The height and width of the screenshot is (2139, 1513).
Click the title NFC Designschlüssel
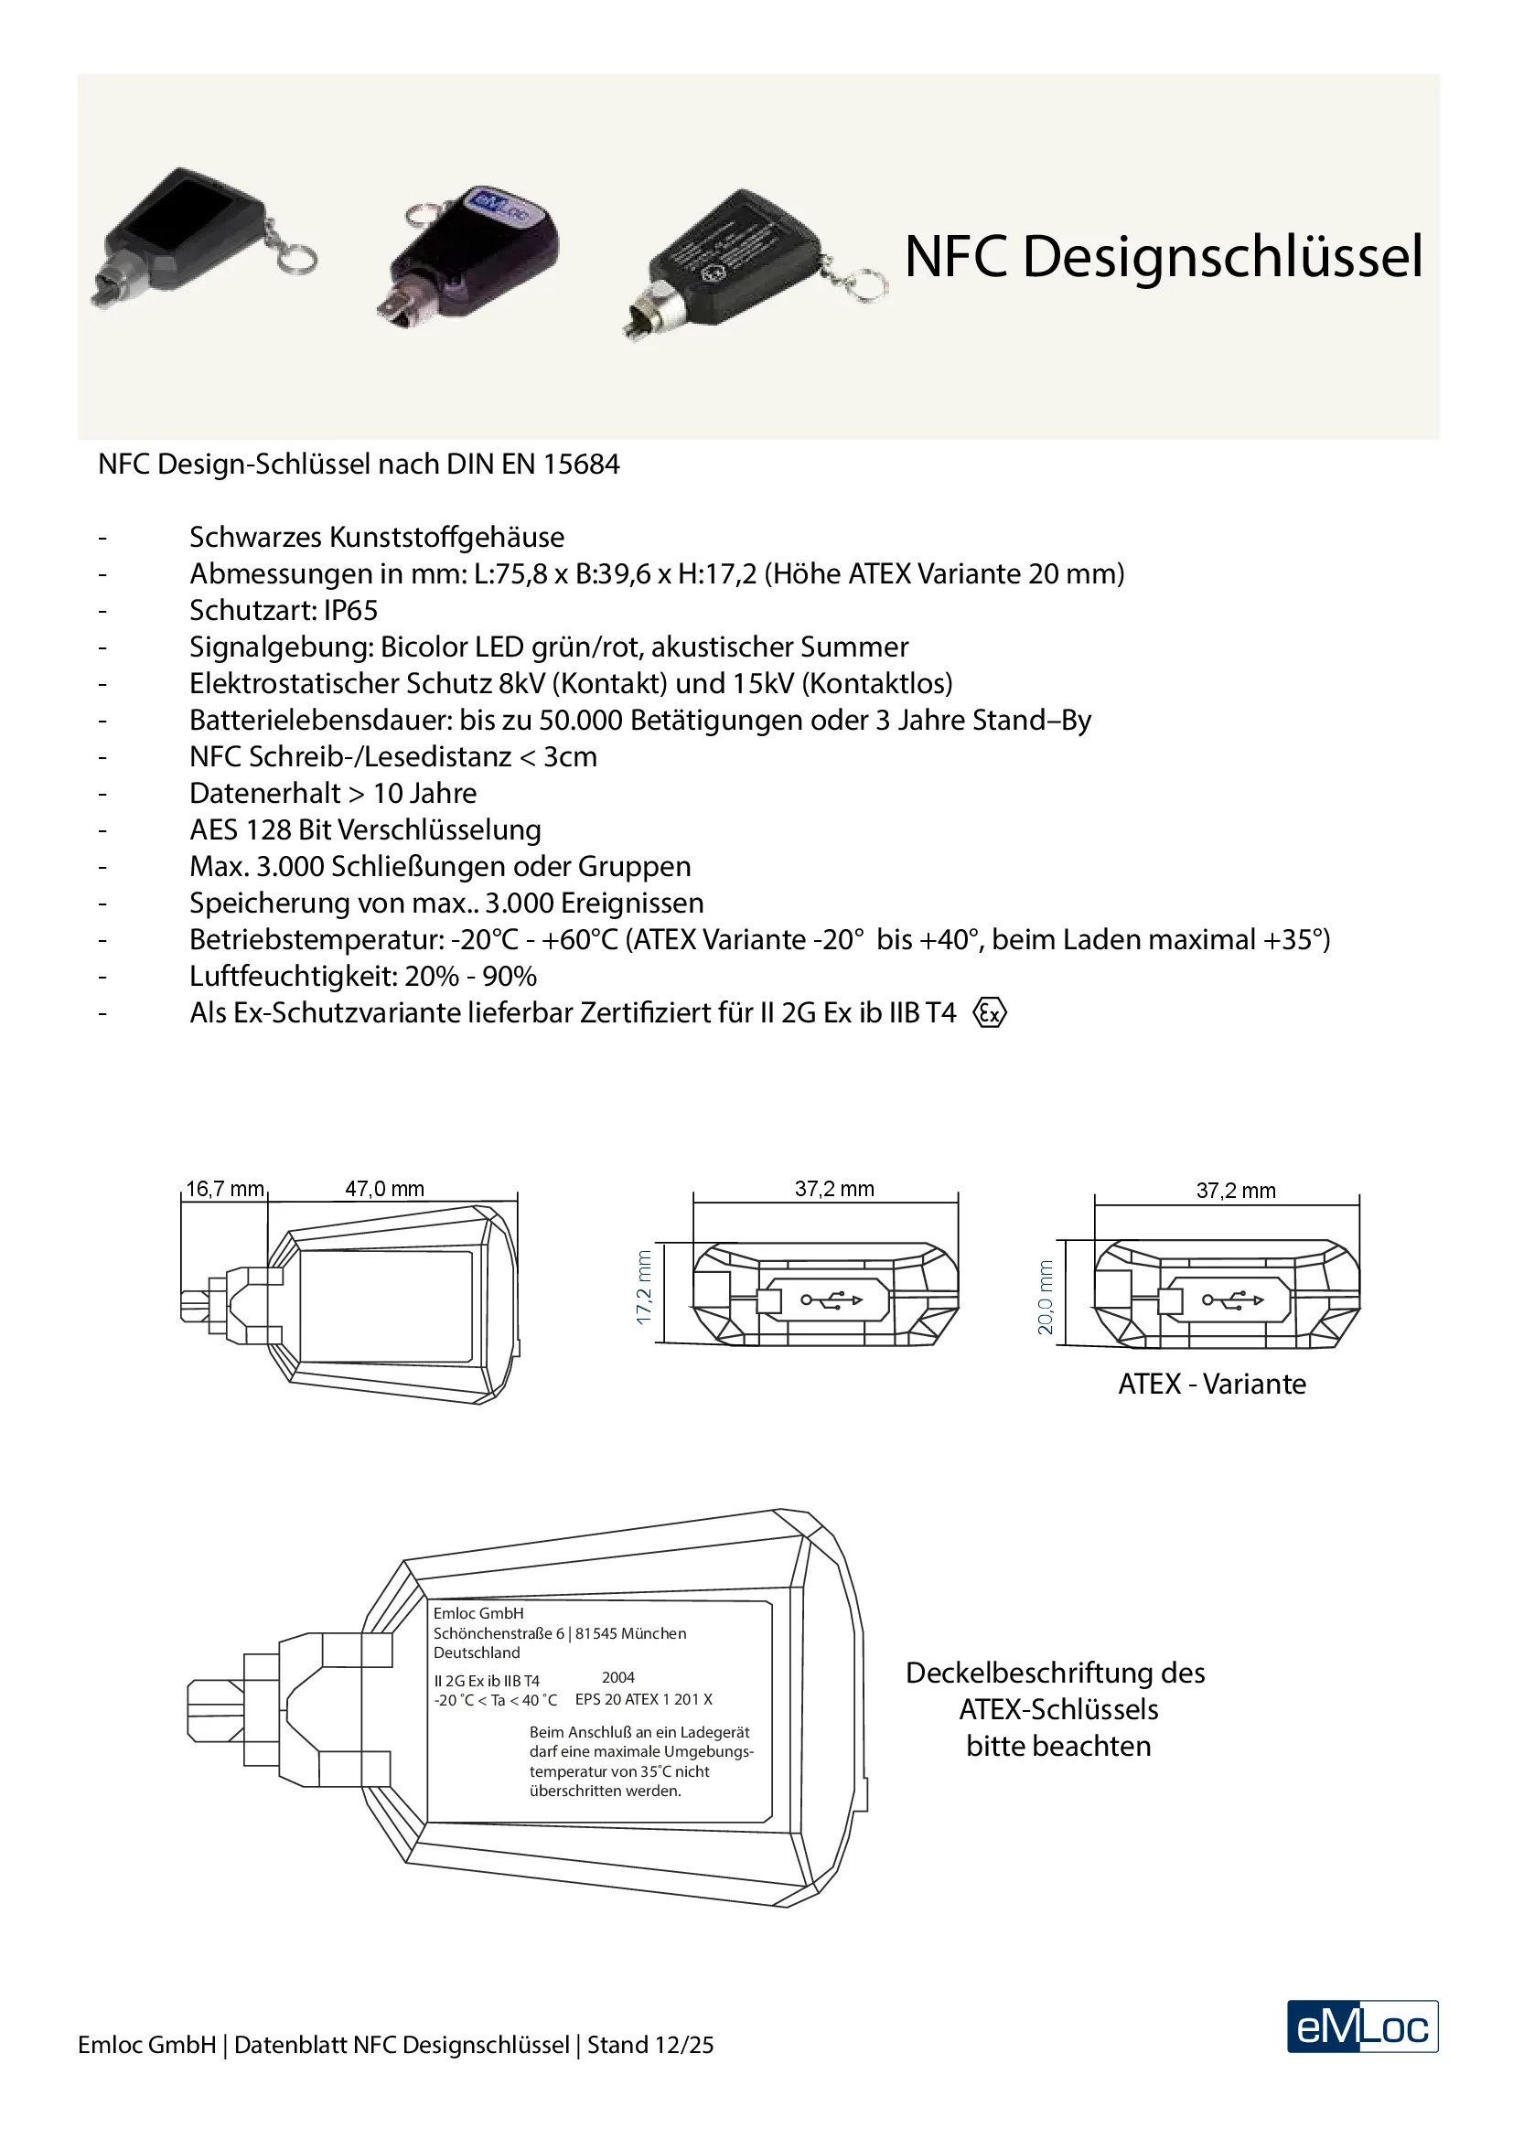1163,256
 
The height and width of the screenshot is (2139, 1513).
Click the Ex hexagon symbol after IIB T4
990,1012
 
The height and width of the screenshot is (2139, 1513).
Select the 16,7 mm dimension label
224,1189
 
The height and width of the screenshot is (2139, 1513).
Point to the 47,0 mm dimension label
384,1189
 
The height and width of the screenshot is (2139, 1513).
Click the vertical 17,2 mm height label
644,1289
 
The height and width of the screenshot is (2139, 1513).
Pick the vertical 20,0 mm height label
1046,1297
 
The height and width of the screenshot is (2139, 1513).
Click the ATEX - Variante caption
1211,1384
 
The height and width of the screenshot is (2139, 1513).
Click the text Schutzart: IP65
284,610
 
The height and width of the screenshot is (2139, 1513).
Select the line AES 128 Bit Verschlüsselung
365,829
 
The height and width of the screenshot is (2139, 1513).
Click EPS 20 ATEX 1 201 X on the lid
643,1699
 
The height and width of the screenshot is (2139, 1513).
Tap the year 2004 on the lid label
617,1677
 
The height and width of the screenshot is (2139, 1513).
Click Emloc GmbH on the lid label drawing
478,1612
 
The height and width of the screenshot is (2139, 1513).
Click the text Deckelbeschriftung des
1055,1673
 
